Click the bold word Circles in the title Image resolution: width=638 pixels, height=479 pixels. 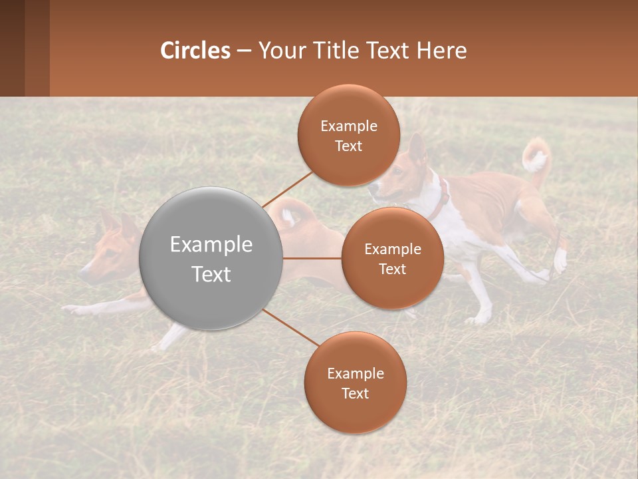click(x=195, y=51)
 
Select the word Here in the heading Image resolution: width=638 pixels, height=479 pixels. click(x=442, y=51)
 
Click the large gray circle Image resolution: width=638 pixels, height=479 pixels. click(x=211, y=258)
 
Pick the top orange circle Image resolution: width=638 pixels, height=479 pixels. click(x=349, y=136)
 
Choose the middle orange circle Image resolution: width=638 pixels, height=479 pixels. click(x=392, y=258)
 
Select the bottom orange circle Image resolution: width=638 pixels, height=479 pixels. click(x=355, y=383)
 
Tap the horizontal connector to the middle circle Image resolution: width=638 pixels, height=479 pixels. click(x=312, y=258)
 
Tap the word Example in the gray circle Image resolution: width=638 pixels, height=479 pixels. click(x=211, y=244)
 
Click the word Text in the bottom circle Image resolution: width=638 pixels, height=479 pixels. click(x=355, y=393)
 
